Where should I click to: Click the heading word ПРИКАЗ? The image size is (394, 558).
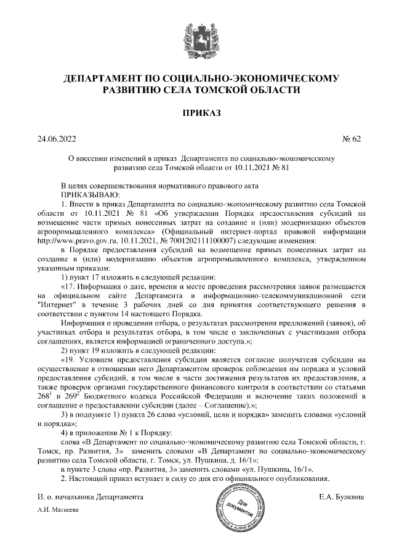pos(197,113)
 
